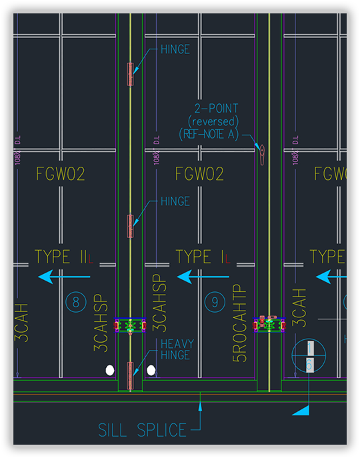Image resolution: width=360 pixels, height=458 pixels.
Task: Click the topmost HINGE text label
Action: click(x=175, y=49)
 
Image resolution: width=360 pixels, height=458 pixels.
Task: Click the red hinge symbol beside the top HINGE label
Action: click(x=131, y=73)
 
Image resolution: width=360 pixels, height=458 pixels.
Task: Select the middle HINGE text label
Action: click(x=175, y=201)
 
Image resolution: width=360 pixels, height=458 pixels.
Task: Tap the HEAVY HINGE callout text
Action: click(x=176, y=350)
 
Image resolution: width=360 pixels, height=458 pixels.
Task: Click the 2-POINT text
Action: click(x=216, y=108)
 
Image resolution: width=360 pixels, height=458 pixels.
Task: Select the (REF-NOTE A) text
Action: click(x=208, y=133)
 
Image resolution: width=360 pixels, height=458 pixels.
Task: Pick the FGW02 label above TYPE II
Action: click(x=61, y=175)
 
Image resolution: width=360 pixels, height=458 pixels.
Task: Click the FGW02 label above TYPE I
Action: click(x=199, y=175)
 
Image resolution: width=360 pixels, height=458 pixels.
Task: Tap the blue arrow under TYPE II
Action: click(x=63, y=277)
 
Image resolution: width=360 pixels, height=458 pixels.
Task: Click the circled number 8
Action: click(x=76, y=303)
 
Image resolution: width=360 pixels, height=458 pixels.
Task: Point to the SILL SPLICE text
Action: click(x=143, y=430)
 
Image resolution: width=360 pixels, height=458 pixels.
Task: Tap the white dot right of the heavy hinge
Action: click(x=151, y=369)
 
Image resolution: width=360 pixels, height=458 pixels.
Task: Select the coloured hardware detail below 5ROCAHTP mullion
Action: click(x=269, y=325)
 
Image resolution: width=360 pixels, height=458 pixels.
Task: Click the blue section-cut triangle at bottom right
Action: click(x=302, y=410)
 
